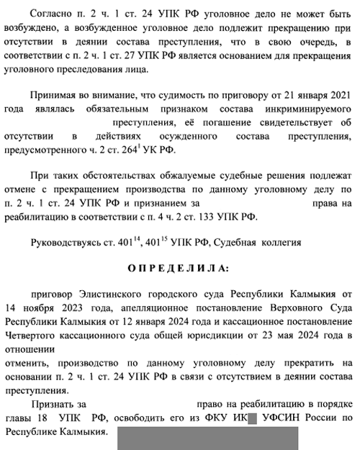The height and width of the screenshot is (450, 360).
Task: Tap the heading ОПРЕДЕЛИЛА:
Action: pos(179,268)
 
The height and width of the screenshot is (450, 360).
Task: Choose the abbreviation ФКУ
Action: pos(212,418)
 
